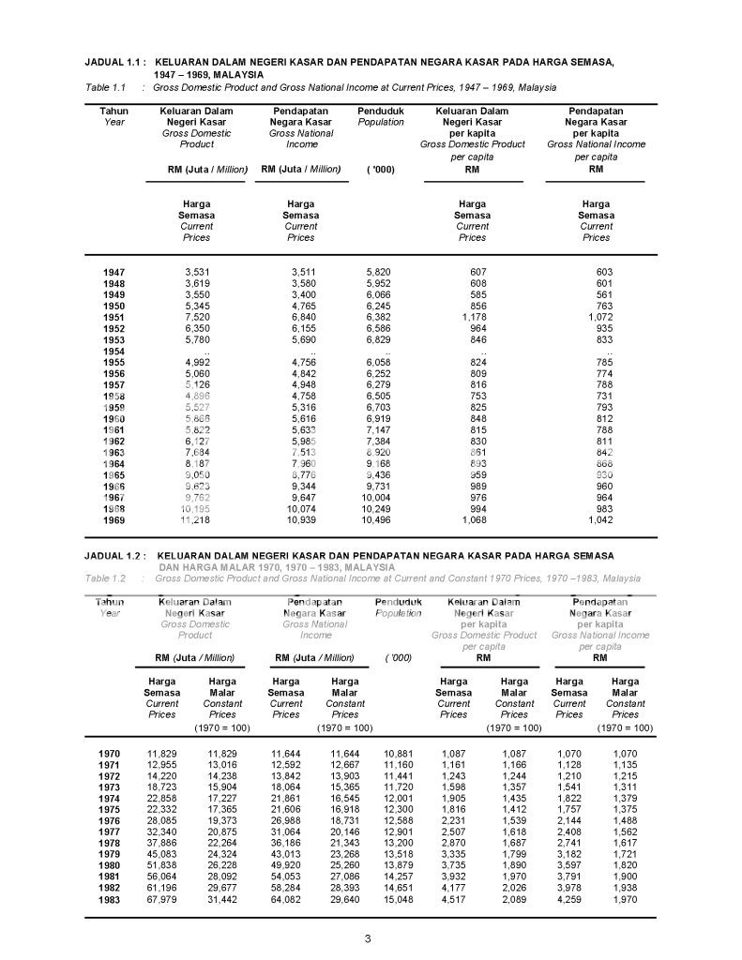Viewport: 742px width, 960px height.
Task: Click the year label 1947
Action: coord(114,273)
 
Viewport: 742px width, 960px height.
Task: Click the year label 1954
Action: coord(114,352)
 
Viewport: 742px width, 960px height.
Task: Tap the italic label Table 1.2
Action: coord(105,578)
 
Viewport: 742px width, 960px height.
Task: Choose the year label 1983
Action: coord(110,900)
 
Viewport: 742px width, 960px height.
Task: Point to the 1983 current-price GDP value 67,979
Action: coord(162,900)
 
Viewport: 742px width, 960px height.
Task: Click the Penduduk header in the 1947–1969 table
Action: coord(381,111)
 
